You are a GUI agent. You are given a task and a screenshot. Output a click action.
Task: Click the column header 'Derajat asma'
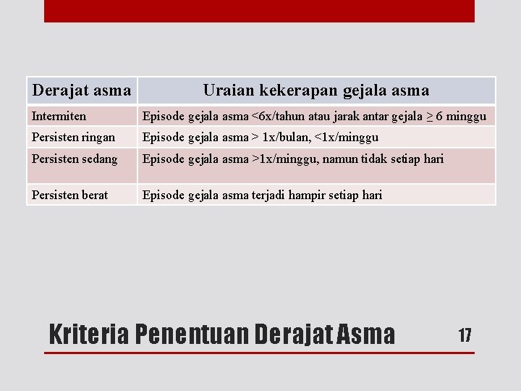coord(82,91)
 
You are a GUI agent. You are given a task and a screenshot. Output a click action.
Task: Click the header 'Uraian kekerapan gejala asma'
coord(315,91)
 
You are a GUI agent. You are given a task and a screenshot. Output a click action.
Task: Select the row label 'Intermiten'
coord(59,116)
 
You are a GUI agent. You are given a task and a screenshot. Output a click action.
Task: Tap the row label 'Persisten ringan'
coord(73,137)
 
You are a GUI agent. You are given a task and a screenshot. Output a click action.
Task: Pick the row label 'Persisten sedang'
coord(75,159)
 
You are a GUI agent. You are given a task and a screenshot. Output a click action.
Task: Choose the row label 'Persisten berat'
coord(69,195)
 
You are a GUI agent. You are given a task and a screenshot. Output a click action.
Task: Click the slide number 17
coord(465,335)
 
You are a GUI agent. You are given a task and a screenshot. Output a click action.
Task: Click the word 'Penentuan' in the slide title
coord(192,335)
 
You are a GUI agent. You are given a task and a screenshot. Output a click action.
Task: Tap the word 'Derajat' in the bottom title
coord(291,335)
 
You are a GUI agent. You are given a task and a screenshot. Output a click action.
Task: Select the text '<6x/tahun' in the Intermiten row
coord(277,116)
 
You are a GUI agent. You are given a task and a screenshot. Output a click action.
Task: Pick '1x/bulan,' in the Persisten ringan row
coord(288,137)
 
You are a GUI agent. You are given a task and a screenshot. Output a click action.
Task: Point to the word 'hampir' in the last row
coord(311,195)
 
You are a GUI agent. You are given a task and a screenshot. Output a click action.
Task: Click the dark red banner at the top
coord(259,11)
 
